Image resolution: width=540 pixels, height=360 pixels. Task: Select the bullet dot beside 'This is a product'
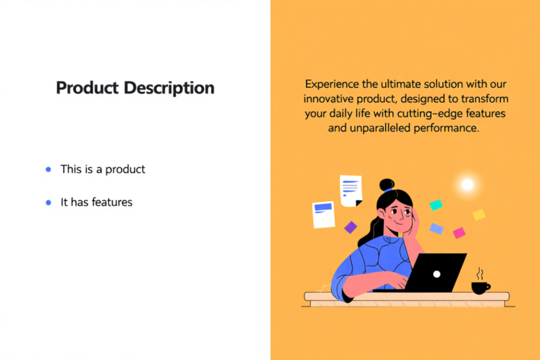point(48,169)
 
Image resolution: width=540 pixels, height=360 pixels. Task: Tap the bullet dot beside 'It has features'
point(48,202)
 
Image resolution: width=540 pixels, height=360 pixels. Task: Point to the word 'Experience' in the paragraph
point(334,82)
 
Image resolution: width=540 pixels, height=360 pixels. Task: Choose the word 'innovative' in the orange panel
point(328,98)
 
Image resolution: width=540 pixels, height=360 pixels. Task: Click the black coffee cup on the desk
point(480,287)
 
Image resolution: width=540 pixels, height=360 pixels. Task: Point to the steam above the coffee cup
point(480,273)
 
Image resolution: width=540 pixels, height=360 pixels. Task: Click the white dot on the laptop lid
point(437,274)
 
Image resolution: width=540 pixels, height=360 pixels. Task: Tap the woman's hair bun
point(387,185)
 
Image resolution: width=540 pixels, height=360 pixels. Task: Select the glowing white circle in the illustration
point(467,185)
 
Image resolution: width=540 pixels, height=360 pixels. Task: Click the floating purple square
point(350,227)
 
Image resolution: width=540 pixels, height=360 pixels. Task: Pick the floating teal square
point(436,205)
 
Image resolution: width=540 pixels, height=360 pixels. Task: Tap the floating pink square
point(459,232)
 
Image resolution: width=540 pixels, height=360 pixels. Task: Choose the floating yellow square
point(479,214)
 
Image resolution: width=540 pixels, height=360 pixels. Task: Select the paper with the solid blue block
point(323,214)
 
